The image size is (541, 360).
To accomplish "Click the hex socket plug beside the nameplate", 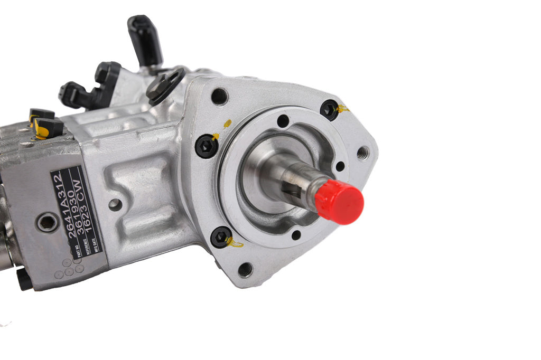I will [x=47, y=223].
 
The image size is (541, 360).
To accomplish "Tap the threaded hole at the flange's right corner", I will [x=362, y=154].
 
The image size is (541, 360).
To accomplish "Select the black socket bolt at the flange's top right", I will [x=329, y=109].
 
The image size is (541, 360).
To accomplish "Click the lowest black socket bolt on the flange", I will [x=221, y=237].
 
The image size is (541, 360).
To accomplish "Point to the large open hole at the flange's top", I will [x=219, y=97].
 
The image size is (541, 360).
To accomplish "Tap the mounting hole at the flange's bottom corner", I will [x=245, y=270].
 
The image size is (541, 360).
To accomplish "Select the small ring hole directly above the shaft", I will [x=283, y=121].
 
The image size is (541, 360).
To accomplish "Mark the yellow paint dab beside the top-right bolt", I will [x=343, y=109].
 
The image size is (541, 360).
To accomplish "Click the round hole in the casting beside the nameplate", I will [x=115, y=205].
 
